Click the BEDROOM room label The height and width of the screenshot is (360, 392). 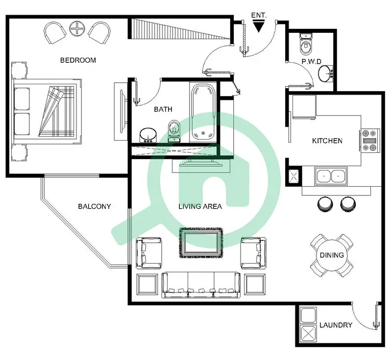pyautogui.click(x=78, y=60)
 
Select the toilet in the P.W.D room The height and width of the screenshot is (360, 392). pyautogui.click(x=305, y=44)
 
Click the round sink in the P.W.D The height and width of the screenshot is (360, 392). pyautogui.click(x=325, y=73)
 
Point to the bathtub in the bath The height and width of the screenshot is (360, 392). pyautogui.click(x=203, y=113)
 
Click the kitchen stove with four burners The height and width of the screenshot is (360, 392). pyautogui.click(x=370, y=140)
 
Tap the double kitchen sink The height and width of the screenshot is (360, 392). pyautogui.click(x=331, y=176)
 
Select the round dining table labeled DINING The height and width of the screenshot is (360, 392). pyautogui.click(x=332, y=255)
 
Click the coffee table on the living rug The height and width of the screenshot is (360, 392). pyautogui.click(x=200, y=243)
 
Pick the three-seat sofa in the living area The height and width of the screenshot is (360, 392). pyautogui.click(x=201, y=285)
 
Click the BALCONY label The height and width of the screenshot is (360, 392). pyautogui.click(x=94, y=206)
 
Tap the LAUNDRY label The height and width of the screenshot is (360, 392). pyautogui.click(x=336, y=325)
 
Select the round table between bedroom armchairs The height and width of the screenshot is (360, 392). pyautogui.click(x=77, y=29)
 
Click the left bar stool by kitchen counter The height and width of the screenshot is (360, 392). pyautogui.click(x=325, y=204)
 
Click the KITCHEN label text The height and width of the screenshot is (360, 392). pyautogui.click(x=327, y=141)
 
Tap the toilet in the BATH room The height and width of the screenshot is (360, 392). pyautogui.click(x=174, y=131)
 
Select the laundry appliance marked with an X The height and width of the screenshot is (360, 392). pyautogui.click(x=309, y=333)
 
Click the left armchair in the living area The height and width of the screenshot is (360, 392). pyautogui.click(x=148, y=253)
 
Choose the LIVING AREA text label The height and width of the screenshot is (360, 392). pyautogui.click(x=200, y=206)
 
